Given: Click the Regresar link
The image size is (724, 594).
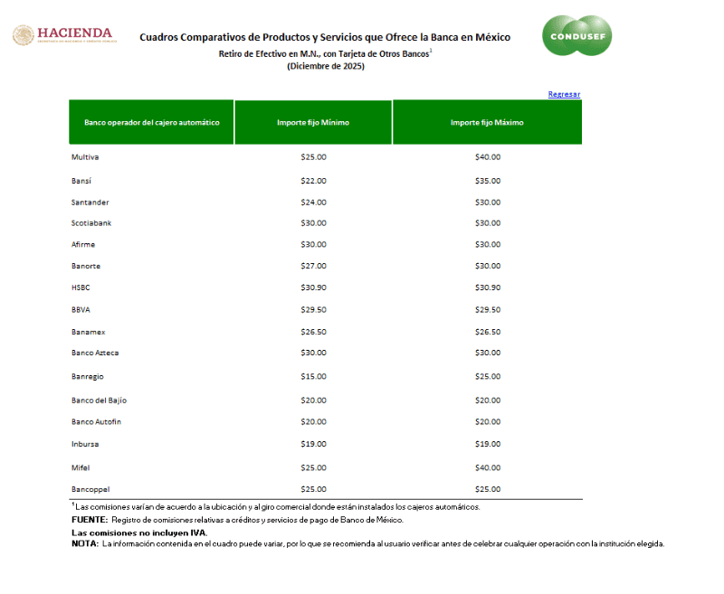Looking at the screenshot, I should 564,94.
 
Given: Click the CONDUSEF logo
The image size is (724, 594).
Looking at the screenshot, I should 576,36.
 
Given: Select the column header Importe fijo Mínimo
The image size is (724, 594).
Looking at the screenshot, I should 313,122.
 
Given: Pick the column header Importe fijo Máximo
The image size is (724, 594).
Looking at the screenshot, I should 487,122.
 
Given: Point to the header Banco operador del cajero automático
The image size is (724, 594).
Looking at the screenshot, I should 151,122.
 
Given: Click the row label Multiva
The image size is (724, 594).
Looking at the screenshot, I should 85,157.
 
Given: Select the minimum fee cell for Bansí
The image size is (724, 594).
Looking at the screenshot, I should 313,181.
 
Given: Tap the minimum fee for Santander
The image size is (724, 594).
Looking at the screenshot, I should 313,202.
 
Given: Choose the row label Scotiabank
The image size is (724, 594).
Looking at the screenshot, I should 91,222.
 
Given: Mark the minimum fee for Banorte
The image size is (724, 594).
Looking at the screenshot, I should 313,266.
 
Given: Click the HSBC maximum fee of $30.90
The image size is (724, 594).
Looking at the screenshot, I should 487,288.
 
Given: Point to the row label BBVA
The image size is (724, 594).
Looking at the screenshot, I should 81,309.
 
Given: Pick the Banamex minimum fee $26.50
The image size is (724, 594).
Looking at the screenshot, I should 313,332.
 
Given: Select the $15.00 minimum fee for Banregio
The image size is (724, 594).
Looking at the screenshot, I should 313,376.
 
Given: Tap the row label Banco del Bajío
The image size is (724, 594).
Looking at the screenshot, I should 99,400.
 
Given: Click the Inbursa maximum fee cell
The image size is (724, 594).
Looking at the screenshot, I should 487,444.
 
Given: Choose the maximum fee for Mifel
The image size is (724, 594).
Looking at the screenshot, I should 487,467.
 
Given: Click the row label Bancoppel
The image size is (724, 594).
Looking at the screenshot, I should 90,489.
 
